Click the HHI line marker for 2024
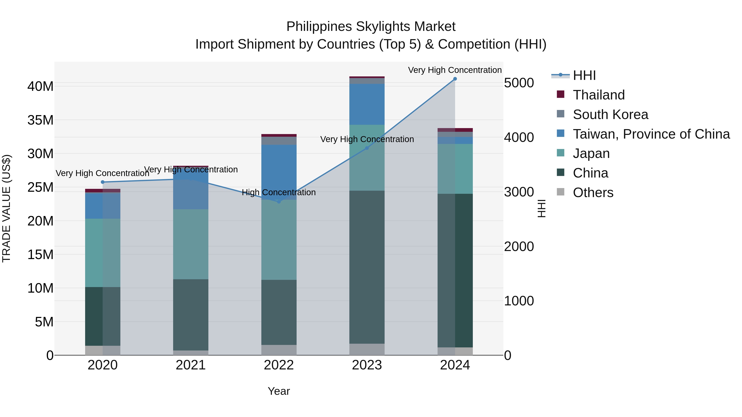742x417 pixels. click(455, 79)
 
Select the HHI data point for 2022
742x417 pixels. click(278, 202)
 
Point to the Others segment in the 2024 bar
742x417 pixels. click(455, 351)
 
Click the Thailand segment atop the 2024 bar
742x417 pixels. click(455, 130)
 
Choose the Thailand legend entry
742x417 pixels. click(599, 95)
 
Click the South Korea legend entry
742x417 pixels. click(610, 114)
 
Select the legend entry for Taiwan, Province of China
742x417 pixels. click(651, 134)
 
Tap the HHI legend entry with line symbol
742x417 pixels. click(584, 75)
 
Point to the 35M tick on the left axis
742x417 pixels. click(40, 120)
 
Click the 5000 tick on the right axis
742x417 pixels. click(519, 83)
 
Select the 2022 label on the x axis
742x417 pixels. click(278, 365)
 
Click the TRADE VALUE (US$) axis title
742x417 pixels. click(6, 208)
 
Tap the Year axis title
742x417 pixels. click(278, 391)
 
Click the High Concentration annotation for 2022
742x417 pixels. click(278, 192)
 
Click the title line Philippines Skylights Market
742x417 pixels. click(371, 27)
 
